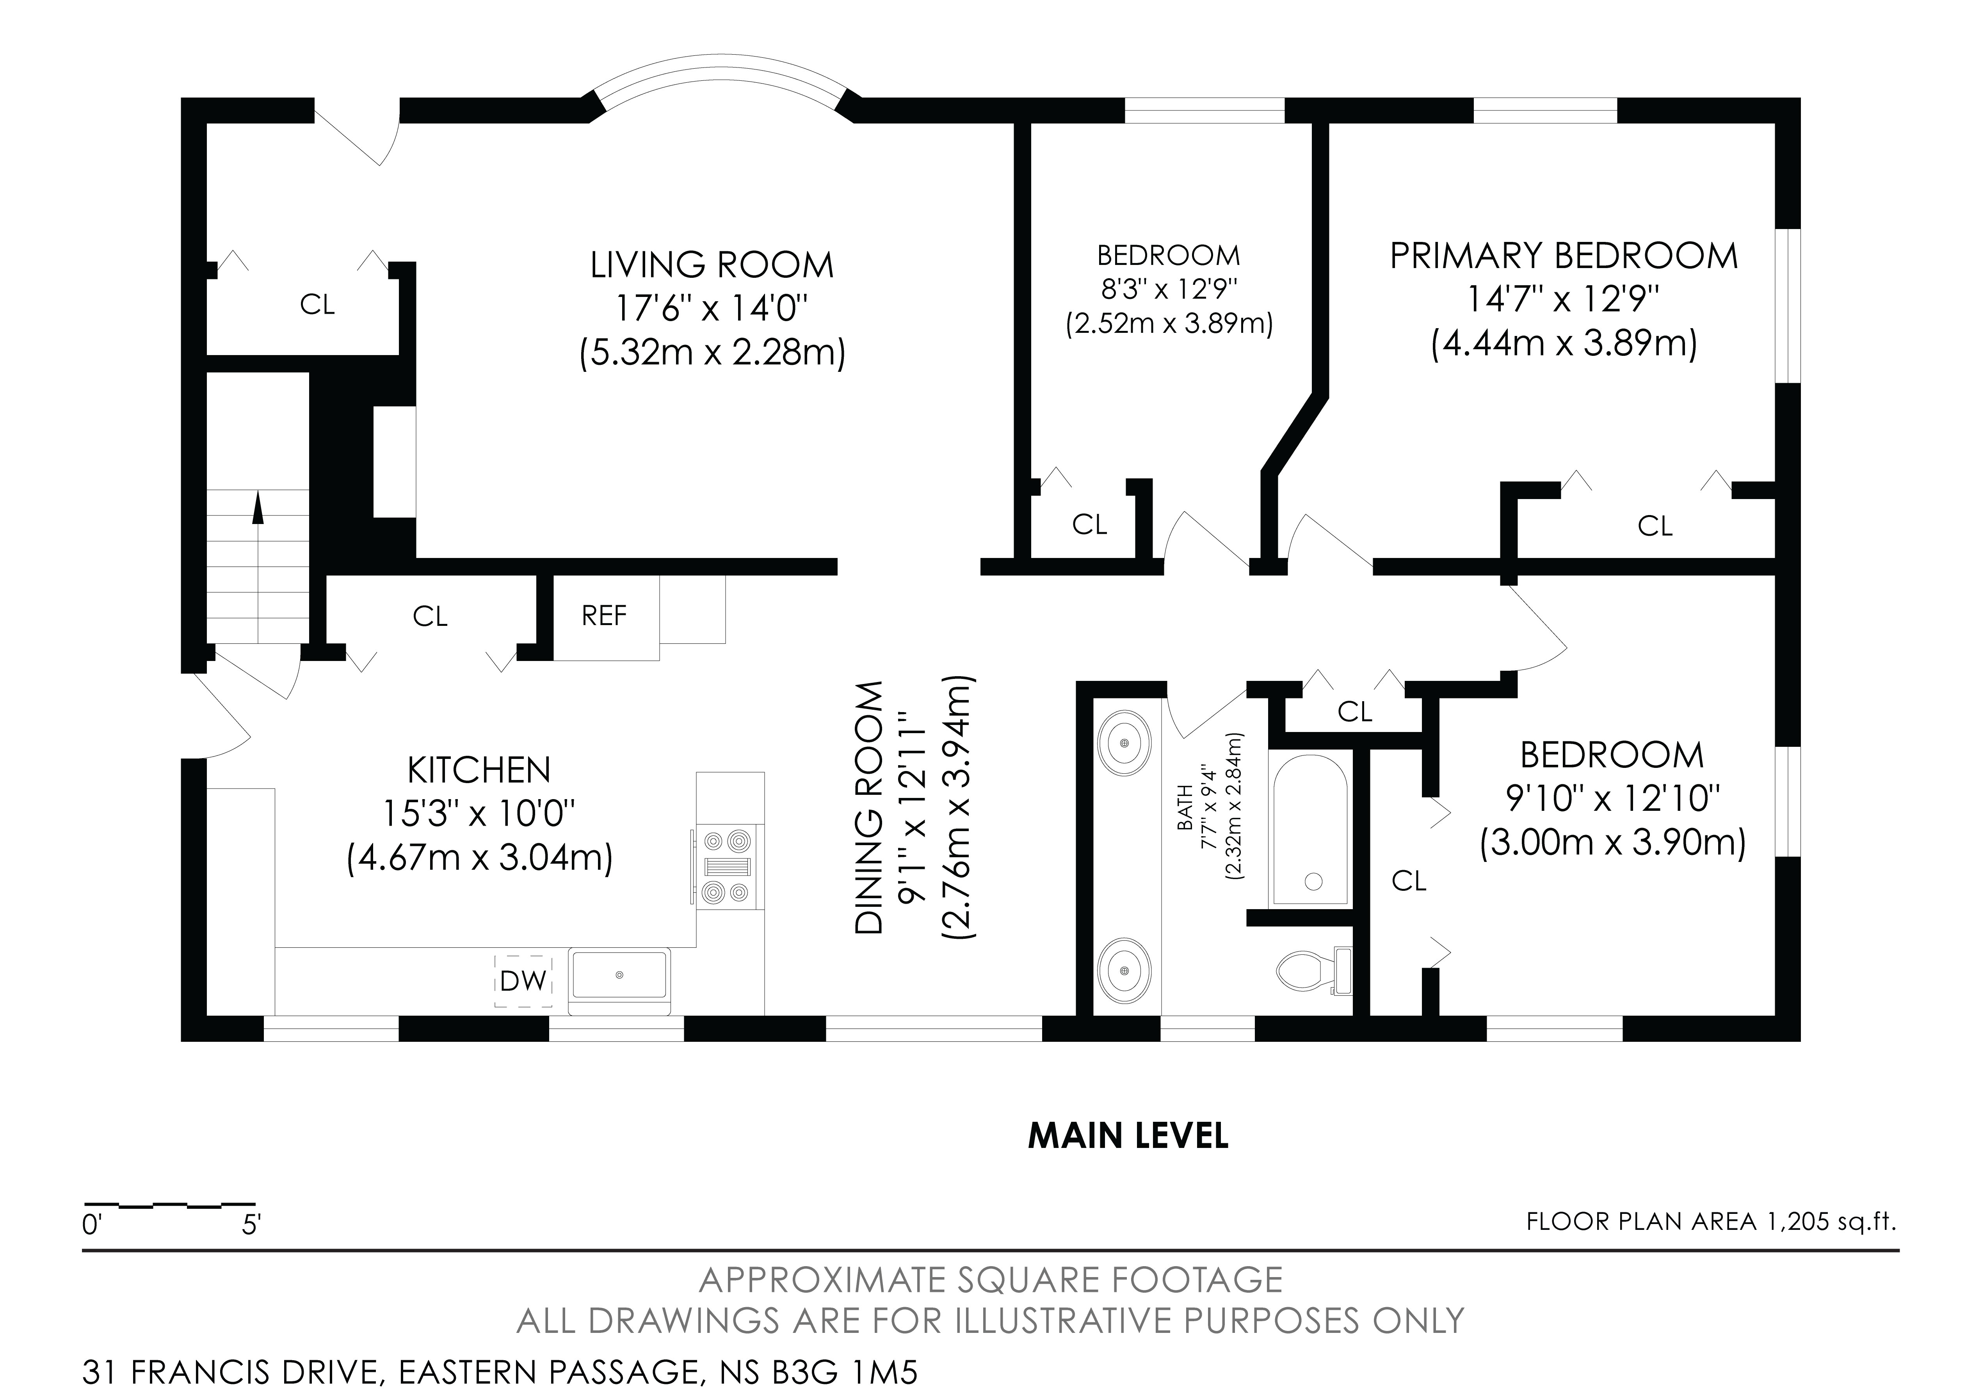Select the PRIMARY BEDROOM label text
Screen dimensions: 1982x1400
click(x=1563, y=256)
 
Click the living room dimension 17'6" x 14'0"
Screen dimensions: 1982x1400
click(x=712, y=308)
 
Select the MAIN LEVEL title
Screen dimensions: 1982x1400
click(x=1128, y=1136)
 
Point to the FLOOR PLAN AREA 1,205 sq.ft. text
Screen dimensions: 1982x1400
click(x=1712, y=1221)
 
